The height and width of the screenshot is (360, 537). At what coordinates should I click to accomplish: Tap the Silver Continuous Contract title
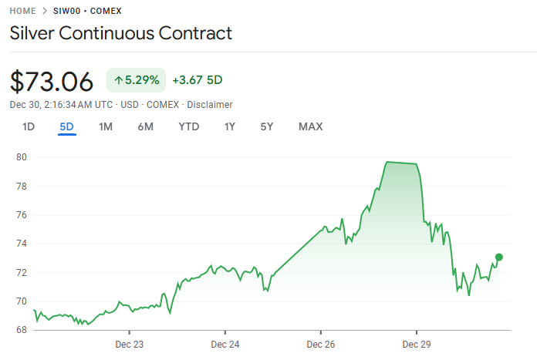(x=120, y=33)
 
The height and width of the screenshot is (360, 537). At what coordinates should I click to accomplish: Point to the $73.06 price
(x=52, y=80)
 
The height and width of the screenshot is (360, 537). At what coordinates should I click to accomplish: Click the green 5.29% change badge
(x=137, y=79)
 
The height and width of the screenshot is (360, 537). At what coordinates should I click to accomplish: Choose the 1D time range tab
(x=29, y=126)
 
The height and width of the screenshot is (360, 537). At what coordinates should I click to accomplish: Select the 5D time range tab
(x=67, y=126)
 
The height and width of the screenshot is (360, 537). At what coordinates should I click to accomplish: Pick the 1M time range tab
(x=106, y=126)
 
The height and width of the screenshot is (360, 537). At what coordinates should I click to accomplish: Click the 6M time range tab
(x=146, y=126)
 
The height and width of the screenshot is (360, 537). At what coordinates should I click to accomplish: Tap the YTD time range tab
(x=189, y=126)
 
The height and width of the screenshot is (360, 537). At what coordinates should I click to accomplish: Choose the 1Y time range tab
(x=230, y=126)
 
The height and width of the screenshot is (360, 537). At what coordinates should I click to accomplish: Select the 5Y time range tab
(x=266, y=126)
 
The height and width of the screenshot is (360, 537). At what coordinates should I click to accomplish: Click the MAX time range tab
(x=310, y=126)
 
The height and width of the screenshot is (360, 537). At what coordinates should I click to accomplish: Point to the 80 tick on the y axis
(x=21, y=157)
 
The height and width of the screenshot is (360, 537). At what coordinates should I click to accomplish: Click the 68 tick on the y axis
(x=21, y=330)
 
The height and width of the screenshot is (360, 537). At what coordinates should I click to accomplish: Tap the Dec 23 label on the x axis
(x=129, y=344)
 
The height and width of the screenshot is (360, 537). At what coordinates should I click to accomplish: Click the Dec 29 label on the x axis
(x=416, y=344)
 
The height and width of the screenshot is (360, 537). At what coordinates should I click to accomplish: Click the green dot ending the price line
(x=499, y=257)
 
